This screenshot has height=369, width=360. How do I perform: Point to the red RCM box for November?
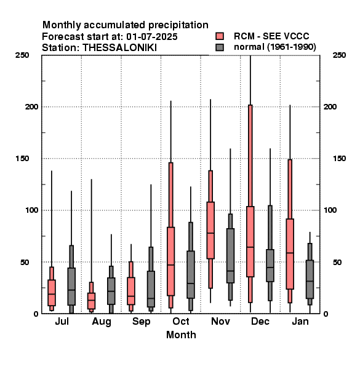click(x=210, y=230)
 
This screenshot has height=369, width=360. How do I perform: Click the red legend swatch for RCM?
click(x=220, y=36)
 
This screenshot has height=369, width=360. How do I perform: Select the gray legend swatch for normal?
click(x=220, y=47)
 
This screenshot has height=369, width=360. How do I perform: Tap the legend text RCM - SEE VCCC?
click(x=271, y=36)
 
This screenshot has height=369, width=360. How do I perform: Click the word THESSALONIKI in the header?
click(x=119, y=48)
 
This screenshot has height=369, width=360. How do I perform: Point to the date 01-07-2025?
click(x=152, y=37)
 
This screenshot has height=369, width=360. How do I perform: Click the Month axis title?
click(x=181, y=335)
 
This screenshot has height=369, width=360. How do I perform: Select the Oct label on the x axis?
click(x=181, y=321)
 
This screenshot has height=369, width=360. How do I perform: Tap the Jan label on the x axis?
click(x=300, y=321)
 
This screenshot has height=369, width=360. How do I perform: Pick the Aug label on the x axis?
click(x=102, y=322)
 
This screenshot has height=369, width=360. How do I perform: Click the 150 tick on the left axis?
click(x=22, y=159)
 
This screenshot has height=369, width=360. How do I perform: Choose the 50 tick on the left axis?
click(x=24, y=262)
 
